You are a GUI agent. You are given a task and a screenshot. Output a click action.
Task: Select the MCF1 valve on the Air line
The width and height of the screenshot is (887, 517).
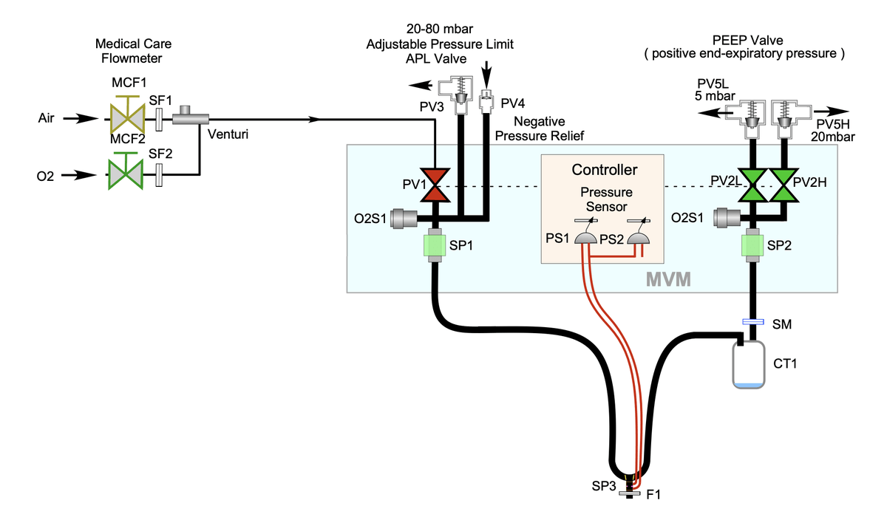127,116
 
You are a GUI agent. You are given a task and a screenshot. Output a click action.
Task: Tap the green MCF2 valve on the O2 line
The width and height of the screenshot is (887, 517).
126,175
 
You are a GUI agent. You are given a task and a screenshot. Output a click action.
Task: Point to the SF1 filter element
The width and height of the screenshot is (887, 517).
159,118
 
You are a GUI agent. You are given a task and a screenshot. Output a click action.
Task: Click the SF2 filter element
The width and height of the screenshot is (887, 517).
159,175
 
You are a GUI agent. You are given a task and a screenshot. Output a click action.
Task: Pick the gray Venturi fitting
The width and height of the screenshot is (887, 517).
191,116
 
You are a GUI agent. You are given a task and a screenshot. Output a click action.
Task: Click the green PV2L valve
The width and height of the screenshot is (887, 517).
754,186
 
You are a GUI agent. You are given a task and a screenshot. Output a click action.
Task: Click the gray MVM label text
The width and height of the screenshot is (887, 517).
668,280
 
